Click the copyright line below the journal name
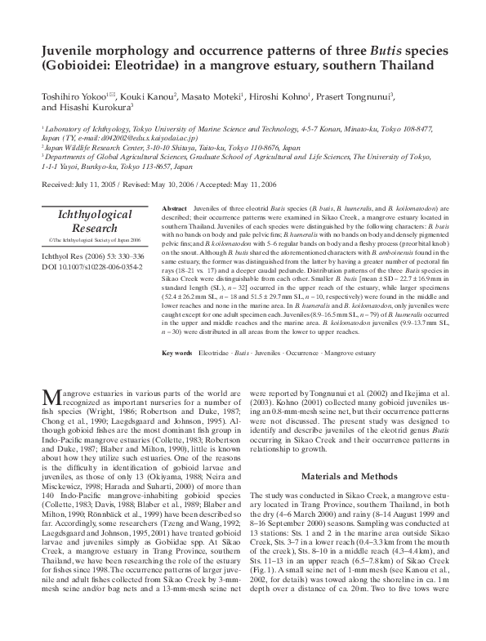[96, 240]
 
